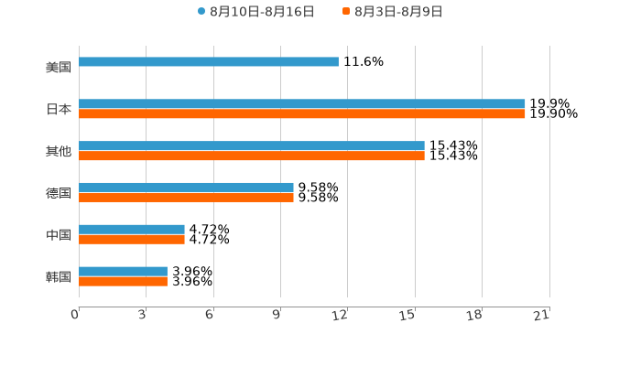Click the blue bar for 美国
pyautogui.click(x=209, y=62)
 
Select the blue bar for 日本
pyautogui.click(x=302, y=104)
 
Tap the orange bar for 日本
pyautogui.click(x=302, y=114)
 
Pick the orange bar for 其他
pyautogui.click(x=252, y=156)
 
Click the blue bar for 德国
pyautogui.click(x=186, y=188)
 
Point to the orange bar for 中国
pyautogui.click(x=132, y=240)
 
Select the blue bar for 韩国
pyautogui.click(x=124, y=272)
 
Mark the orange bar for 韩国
pyautogui.click(x=124, y=282)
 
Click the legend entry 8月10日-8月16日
pyautogui.click(x=261, y=12)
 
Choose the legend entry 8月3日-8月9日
pyautogui.click(x=397, y=12)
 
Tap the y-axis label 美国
pyautogui.click(x=59, y=68)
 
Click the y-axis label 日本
pyautogui.click(x=59, y=110)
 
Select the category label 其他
pyautogui.click(x=59, y=152)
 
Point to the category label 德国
pyautogui.click(x=59, y=193)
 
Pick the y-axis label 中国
pyautogui.click(x=59, y=235)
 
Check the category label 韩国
pyautogui.click(x=59, y=277)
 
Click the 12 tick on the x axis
pyautogui.click(x=341, y=316)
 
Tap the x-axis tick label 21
pyautogui.click(x=542, y=316)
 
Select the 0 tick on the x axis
pyautogui.click(x=75, y=316)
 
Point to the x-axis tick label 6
pyautogui.click(x=210, y=316)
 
